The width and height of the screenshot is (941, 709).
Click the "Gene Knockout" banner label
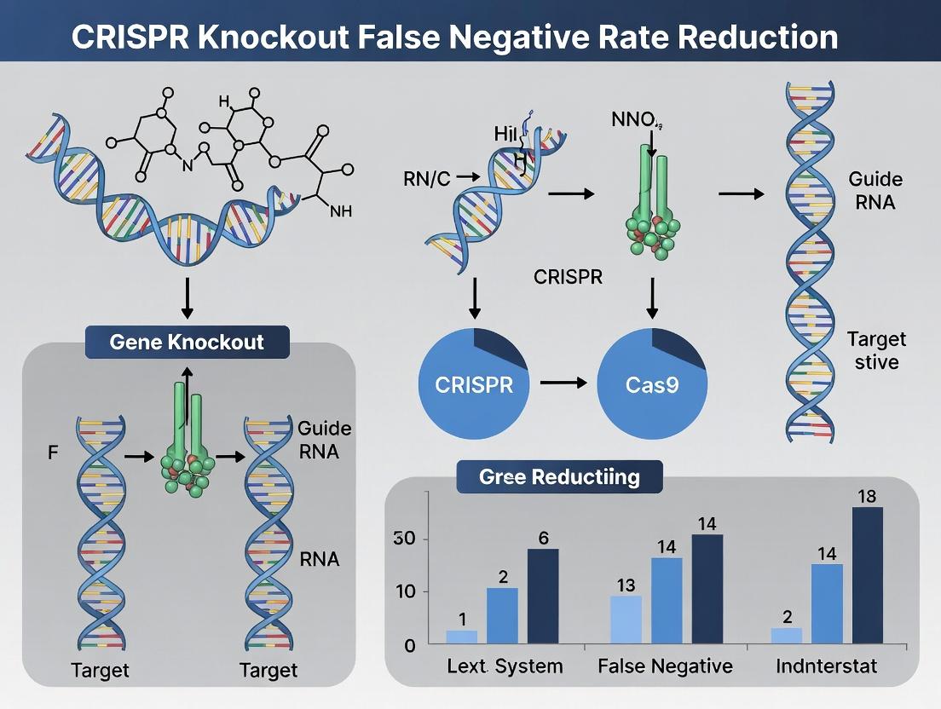(x=187, y=343)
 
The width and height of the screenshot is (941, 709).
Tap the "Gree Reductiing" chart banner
(x=559, y=476)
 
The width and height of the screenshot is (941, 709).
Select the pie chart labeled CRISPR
(x=474, y=383)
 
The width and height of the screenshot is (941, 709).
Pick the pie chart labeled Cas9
(x=651, y=383)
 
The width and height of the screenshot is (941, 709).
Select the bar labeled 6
(x=543, y=596)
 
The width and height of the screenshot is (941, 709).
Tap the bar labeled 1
(x=462, y=637)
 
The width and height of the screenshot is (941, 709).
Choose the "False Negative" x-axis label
(x=654, y=666)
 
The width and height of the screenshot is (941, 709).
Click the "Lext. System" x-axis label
(x=505, y=666)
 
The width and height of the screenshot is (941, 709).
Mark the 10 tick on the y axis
(x=405, y=591)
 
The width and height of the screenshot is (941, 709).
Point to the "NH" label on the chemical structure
(x=340, y=211)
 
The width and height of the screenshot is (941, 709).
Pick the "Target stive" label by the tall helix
(x=876, y=350)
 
